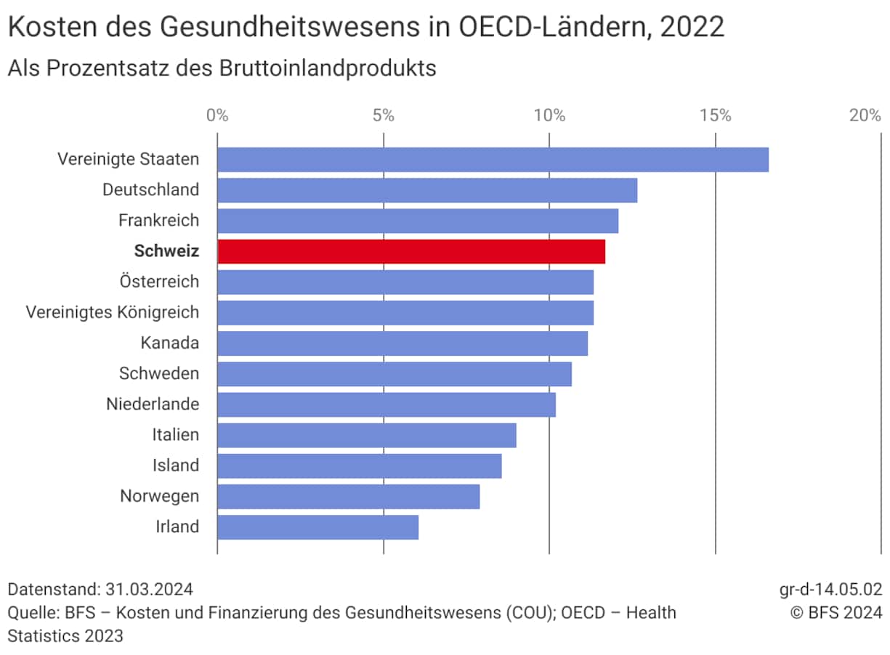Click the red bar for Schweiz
coord(411,251)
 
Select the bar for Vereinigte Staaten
coord(493,159)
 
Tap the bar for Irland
coord(317,527)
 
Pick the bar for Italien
coord(366,435)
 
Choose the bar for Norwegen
coord(348,497)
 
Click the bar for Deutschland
coord(427,190)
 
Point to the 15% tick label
coord(716,115)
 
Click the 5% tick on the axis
coord(383,115)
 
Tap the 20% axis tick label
coord(865,115)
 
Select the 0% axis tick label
coord(217,115)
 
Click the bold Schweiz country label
coord(166,251)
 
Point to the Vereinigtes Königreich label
coord(113,312)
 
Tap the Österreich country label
coord(159,282)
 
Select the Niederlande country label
coord(153,404)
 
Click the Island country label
coord(176,465)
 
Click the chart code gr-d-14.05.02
coord(830,588)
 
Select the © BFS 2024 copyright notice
coord(836,613)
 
